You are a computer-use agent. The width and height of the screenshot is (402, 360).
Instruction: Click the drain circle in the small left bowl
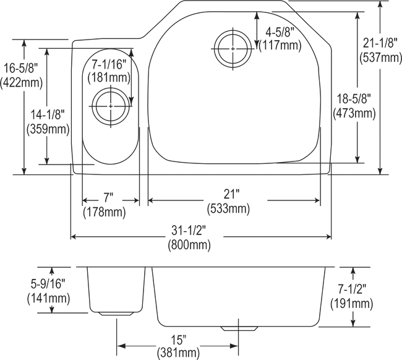(110, 106)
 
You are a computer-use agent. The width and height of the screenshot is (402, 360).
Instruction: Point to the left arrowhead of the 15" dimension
(121, 343)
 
